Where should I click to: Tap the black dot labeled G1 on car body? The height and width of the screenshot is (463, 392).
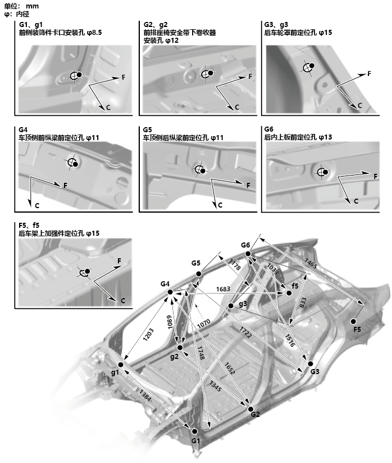pyautogui.click(x=195, y=431)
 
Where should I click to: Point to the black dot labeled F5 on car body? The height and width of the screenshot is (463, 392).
pyautogui.click(x=354, y=321)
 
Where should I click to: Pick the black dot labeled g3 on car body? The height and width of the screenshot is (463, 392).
pyautogui.click(x=230, y=306)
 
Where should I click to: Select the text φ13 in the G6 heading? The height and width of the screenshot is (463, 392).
pyautogui.click(x=325, y=137)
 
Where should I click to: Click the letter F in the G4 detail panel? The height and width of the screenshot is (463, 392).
pyautogui.click(x=65, y=185)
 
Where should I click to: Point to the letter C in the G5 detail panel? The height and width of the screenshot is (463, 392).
pyautogui.click(x=220, y=204)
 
